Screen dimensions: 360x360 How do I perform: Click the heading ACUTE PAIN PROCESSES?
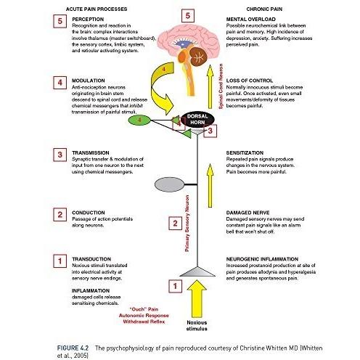tap(97, 9)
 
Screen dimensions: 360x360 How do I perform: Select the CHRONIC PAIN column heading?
tap(264, 9)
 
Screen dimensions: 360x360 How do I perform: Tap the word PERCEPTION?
tap(88, 20)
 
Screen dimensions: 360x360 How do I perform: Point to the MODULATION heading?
tap(89, 81)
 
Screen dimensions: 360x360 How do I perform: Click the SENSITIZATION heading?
tap(245, 153)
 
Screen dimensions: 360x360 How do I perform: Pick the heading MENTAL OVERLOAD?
tap(251, 20)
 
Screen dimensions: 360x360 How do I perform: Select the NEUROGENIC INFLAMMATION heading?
tap(262, 259)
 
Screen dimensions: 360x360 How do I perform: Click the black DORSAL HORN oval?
tap(197, 119)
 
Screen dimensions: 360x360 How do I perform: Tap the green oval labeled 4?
tap(139, 120)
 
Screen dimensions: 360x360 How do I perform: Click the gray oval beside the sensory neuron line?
tap(169, 184)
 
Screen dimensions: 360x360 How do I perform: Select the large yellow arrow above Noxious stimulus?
tap(197, 299)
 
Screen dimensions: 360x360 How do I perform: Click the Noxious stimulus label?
tap(197, 326)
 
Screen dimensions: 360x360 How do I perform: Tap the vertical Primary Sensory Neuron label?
tap(187, 224)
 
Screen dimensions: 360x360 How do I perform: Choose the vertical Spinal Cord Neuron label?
tap(221, 86)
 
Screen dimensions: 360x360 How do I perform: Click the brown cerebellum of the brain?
tap(198, 57)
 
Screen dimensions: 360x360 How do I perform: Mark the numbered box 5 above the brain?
tap(188, 16)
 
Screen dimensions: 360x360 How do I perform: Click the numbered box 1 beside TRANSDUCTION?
tap(60, 261)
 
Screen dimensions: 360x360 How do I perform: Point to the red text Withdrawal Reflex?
tap(144, 322)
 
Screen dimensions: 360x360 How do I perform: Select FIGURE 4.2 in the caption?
tap(73, 348)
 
